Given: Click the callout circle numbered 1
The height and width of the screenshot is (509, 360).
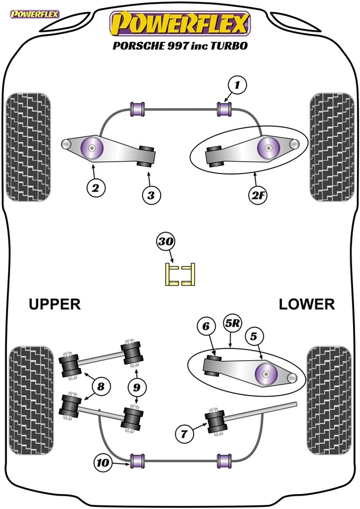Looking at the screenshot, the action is pos(237,85).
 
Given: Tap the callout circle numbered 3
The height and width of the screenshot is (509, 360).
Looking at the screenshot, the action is pos(151,195).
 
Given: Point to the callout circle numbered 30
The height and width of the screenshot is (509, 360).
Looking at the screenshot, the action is pos(165,242).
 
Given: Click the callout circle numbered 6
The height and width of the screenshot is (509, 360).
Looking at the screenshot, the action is pos(206,326).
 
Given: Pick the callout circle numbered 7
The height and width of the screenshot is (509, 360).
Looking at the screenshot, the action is pos(184,433).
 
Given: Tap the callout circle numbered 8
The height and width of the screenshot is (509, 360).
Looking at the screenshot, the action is pos(100,386).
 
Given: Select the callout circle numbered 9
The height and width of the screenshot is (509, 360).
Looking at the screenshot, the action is pos(137,387).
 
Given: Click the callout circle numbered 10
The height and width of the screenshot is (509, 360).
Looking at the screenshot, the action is pos(103,463).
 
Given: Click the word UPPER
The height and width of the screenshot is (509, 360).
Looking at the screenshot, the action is pos(55,304).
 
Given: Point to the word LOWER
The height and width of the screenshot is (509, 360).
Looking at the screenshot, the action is pos(307,304).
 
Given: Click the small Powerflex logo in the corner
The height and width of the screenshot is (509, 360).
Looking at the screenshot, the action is pos(34,14).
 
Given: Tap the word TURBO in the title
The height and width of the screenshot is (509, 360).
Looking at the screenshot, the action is pos(229,46).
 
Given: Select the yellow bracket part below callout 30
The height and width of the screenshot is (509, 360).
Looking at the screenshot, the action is pos(181,274).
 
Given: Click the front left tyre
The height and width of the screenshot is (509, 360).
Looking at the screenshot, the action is pos(28,147).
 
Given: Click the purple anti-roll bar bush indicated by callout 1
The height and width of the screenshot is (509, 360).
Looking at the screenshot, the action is pos(224,109).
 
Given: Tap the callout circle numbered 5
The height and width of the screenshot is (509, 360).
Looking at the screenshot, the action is pos(254,336).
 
